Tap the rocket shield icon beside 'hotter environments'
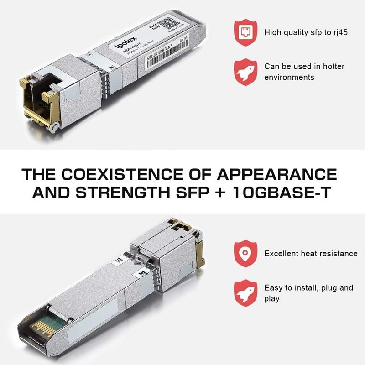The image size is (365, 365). (245, 72)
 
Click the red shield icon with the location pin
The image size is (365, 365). (245, 253)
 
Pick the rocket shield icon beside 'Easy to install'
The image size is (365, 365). (245, 293)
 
